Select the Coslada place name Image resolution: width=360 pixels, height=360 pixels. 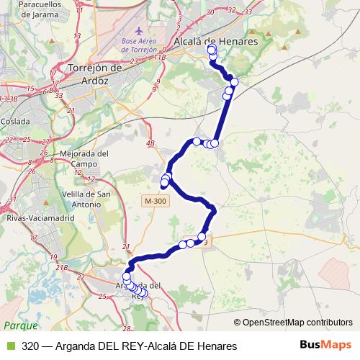tap(15, 121)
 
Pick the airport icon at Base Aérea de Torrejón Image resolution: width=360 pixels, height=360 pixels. tap(139, 32)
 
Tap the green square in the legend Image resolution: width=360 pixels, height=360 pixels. tap(10, 346)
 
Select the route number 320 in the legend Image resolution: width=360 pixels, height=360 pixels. tap(30, 346)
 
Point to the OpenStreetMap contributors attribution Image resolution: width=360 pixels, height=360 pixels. tap(297, 322)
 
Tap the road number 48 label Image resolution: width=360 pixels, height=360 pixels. tap(150, 144)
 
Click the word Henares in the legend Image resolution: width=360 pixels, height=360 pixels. tap(215, 346)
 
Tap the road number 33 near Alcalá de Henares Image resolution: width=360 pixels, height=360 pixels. tap(248, 12)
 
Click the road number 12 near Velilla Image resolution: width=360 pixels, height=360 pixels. tap(91, 179)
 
